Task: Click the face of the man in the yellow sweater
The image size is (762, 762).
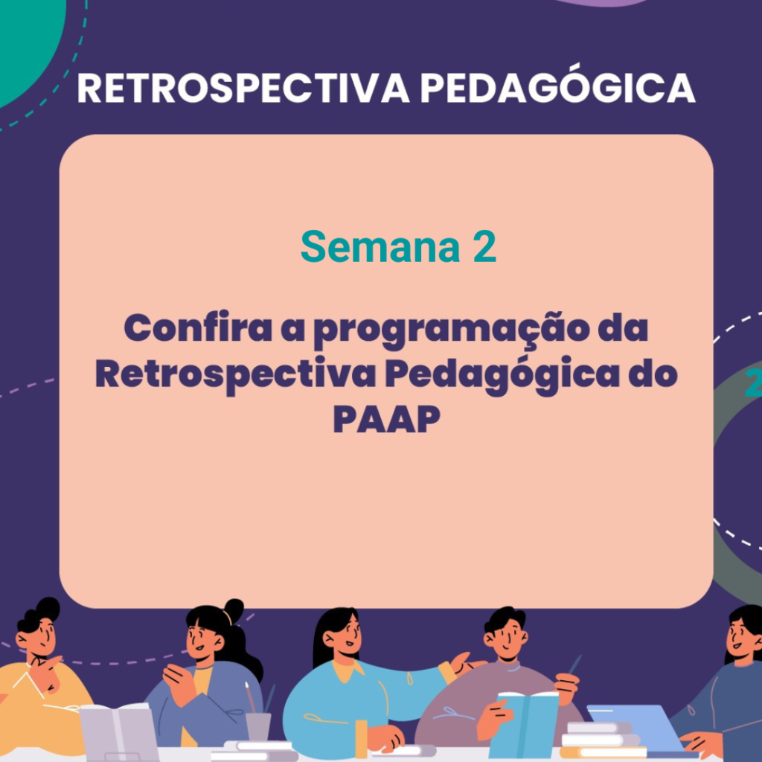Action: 39,638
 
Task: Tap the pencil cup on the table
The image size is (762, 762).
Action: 257,726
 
